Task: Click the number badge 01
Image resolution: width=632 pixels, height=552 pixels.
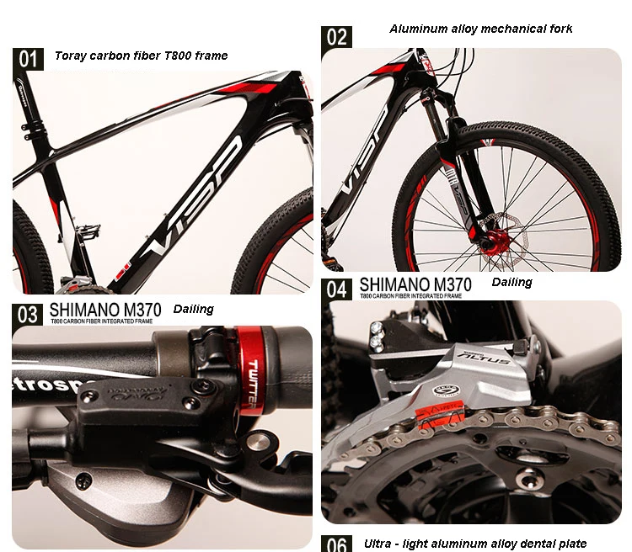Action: (29, 58)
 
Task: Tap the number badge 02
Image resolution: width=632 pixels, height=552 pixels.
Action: (336, 37)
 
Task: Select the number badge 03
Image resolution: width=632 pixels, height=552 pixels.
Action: (29, 314)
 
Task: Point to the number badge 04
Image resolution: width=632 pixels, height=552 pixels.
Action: (337, 289)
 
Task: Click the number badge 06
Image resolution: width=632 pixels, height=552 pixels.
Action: (337, 544)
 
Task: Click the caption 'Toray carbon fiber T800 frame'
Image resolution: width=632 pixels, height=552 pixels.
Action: (142, 56)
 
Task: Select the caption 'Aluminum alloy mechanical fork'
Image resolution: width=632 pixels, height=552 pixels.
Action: (480, 29)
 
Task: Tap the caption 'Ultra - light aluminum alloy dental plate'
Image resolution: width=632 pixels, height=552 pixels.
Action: (475, 544)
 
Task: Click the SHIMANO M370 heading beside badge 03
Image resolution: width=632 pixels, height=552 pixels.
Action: (105, 309)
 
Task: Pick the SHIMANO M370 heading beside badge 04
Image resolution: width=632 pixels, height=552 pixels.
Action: (415, 284)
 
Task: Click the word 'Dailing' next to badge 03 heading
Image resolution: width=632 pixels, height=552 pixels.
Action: (194, 309)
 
